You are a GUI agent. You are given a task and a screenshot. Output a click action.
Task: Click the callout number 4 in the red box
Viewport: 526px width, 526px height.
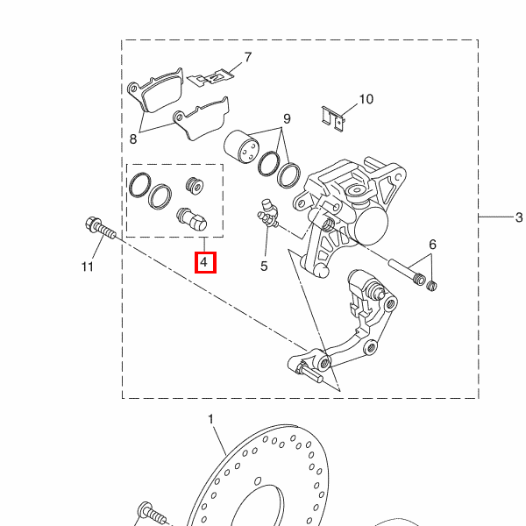pyautogui.click(x=204, y=261)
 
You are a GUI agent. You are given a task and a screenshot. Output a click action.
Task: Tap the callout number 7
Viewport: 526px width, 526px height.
pyautogui.click(x=248, y=57)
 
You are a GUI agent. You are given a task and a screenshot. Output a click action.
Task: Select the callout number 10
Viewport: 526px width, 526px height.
pyautogui.click(x=366, y=99)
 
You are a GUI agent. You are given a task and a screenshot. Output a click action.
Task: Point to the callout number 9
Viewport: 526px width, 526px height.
pyautogui.click(x=287, y=118)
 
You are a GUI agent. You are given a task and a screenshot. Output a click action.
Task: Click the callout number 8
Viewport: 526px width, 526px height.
pyautogui.click(x=133, y=139)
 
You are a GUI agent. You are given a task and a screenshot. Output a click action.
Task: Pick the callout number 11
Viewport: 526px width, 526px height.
pyautogui.click(x=88, y=267)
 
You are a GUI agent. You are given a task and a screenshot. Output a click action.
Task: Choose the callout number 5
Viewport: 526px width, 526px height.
pyautogui.click(x=264, y=267)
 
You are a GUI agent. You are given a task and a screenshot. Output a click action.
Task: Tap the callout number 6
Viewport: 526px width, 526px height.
pyautogui.click(x=433, y=245)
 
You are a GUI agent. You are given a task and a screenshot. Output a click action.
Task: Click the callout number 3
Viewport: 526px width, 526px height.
pyautogui.click(x=519, y=217)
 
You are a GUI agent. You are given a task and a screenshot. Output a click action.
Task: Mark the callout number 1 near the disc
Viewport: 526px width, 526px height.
pyautogui.click(x=210, y=419)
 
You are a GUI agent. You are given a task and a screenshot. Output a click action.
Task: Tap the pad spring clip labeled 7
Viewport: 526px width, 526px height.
pyautogui.click(x=210, y=78)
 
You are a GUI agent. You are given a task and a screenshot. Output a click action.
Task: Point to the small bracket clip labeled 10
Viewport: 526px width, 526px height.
pyautogui.click(x=333, y=119)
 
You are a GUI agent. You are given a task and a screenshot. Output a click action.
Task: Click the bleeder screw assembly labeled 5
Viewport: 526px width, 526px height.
pyautogui.click(x=268, y=213)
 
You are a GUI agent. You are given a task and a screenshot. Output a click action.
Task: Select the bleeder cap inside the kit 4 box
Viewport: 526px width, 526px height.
pyautogui.click(x=192, y=219)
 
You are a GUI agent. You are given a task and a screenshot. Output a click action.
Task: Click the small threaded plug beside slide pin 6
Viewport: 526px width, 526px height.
pyautogui.click(x=431, y=286)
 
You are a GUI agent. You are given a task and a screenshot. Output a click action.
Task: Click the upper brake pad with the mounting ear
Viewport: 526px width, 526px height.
pyautogui.click(x=156, y=90)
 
